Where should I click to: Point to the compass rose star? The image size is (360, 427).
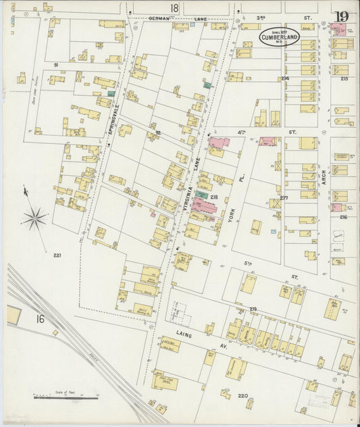point(34,218)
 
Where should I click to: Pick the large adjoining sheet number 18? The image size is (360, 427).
point(175,8)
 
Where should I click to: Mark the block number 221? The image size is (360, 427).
point(57,255)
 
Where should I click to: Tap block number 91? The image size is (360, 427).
point(56,65)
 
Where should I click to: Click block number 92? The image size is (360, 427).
point(158,133)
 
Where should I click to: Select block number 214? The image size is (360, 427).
point(285,79)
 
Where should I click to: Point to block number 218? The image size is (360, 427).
point(214,197)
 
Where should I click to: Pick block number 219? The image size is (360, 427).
point(253,309)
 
